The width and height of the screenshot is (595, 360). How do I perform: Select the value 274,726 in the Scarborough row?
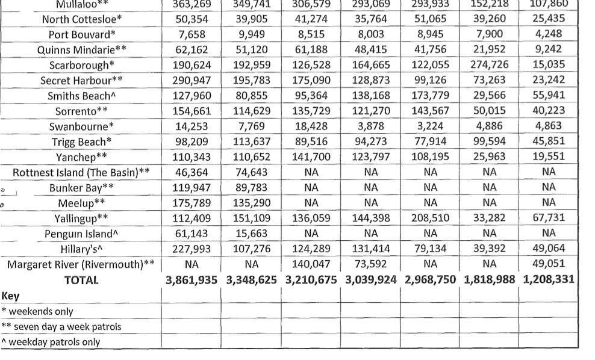(488, 65)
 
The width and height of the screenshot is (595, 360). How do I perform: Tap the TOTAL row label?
(81, 280)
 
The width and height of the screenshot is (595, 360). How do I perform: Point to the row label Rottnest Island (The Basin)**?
(81, 172)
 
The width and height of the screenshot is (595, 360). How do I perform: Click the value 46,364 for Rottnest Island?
(192, 172)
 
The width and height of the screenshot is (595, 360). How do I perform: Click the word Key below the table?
(11, 296)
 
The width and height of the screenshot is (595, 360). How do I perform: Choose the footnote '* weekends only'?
(37, 311)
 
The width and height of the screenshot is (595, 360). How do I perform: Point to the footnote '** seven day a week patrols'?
(61, 327)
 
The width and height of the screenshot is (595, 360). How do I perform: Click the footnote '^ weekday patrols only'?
(51, 342)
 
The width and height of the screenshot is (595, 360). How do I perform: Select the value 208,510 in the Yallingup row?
(430, 218)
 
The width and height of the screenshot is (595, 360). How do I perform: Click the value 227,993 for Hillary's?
(192, 249)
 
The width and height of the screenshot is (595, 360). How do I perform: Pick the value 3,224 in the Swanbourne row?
(430, 126)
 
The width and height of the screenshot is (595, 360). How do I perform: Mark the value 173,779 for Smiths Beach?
(430, 95)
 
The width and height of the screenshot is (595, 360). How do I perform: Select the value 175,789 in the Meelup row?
(192, 203)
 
